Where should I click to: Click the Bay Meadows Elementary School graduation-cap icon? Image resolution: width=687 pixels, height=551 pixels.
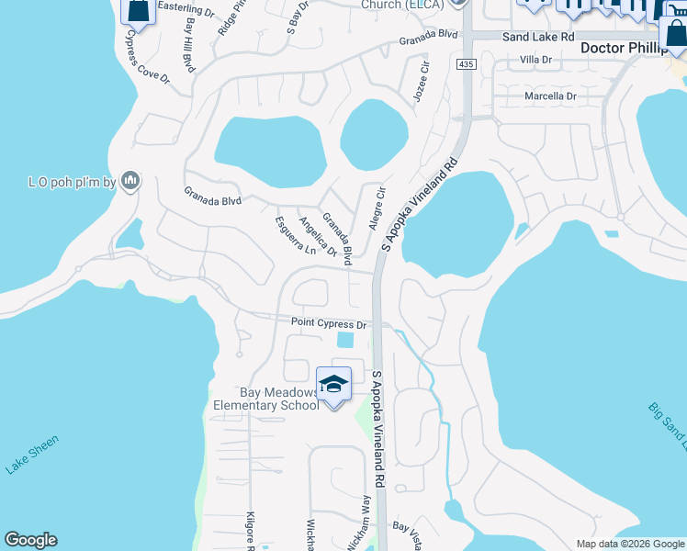[333, 383]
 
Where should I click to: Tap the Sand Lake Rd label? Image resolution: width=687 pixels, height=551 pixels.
[538, 36]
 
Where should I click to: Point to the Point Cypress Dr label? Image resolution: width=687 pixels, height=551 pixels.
[329, 323]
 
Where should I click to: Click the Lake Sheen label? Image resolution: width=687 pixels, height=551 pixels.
[32, 455]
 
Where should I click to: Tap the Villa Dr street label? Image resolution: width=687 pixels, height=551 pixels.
[535, 60]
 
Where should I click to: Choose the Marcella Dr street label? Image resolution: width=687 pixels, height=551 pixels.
[549, 96]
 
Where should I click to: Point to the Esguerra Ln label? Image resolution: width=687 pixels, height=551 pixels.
[295, 236]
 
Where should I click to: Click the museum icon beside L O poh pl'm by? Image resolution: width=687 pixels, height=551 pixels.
[130, 180]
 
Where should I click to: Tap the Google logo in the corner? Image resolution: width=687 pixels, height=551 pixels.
[30, 540]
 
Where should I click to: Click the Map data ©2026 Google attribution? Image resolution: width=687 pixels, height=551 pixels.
[629, 544]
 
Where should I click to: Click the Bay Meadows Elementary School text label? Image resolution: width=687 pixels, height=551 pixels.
[266, 399]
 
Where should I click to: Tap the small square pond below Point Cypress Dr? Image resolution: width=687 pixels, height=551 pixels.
[345, 340]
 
